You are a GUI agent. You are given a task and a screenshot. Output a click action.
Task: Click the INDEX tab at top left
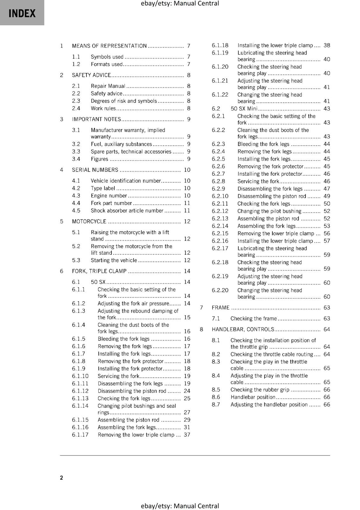pos(22,13)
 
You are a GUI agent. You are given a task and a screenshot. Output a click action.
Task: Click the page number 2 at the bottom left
pos(61,477)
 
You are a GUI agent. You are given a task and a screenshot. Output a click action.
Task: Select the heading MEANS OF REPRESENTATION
pos(109,46)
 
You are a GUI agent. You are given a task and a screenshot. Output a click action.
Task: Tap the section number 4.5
pos(76,211)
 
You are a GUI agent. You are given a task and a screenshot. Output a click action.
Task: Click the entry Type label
pos(103,188)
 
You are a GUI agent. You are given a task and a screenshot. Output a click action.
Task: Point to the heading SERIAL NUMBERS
pos(95,170)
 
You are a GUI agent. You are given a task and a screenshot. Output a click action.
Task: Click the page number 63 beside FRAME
pos(327,308)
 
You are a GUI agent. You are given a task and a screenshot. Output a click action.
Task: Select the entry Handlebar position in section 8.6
pos(253,397)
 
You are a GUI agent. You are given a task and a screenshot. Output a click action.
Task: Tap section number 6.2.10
pos(220,196)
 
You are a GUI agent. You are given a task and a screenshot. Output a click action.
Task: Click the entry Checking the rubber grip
pos(260,390)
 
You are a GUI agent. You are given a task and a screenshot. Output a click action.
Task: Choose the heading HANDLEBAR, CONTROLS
pos(243,329)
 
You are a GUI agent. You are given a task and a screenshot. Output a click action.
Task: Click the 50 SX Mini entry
pos(244,109)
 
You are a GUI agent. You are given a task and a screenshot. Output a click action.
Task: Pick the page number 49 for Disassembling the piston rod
pos(327,196)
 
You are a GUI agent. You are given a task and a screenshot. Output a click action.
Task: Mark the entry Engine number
pos(109,196)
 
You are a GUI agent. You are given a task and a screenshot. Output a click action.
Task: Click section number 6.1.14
pos(80,406)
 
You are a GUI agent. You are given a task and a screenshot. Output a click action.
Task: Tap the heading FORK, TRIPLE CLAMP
pos(99,271)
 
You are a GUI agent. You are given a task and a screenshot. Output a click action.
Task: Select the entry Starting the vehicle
pos(114,260)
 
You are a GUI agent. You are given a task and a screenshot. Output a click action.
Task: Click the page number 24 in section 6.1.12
pos(187,391)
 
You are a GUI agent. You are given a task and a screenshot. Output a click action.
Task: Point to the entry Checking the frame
pos(254,318)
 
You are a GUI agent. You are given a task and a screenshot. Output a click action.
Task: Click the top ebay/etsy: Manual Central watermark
pos(180,4)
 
